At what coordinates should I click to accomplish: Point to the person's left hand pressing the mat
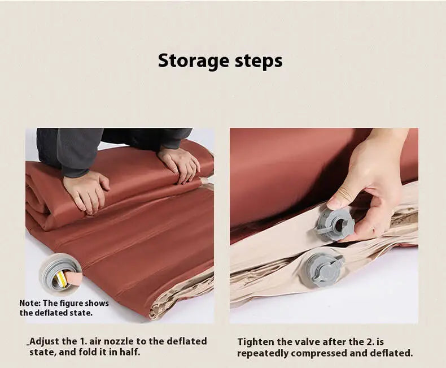click(86, 191)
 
